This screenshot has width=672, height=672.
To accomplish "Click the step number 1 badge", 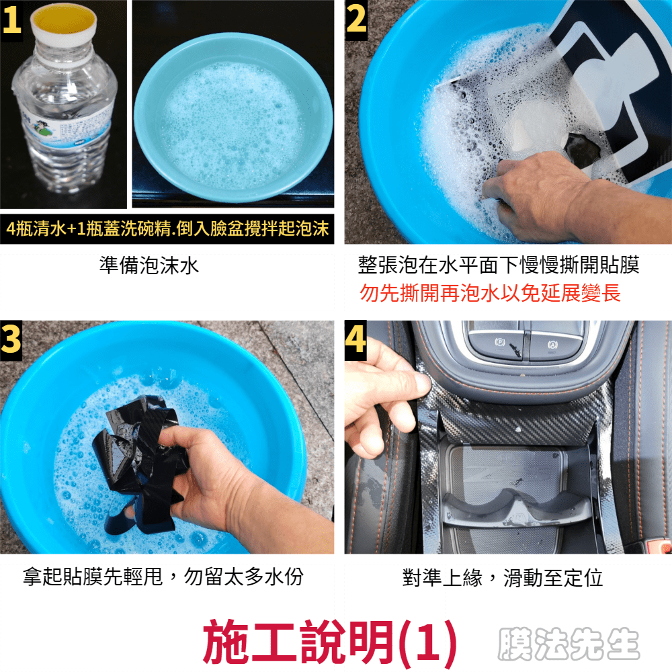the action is [x=11, y=20].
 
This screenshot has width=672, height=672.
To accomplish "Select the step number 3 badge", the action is [x=11, y=339].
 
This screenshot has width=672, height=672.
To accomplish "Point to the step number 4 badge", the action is [x=355, y=339].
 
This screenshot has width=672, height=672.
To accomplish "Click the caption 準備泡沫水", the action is [x=149, y=265].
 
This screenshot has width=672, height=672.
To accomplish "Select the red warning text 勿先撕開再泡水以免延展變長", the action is [x=490, y=293].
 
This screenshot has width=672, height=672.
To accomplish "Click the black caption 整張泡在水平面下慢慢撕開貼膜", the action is [x=499, y=265].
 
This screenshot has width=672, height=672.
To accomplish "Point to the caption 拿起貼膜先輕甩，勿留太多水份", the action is [x=163, y=577].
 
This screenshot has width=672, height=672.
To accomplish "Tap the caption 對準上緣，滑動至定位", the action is [x=502, y=577].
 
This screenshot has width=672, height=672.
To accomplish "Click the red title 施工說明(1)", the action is [x=329, y=642].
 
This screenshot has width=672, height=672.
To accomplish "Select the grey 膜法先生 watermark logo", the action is [x=569, y=644].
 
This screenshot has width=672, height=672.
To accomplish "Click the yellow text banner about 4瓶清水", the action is [x=167, y=228].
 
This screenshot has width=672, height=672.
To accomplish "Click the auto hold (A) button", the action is [x=554, y=344].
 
